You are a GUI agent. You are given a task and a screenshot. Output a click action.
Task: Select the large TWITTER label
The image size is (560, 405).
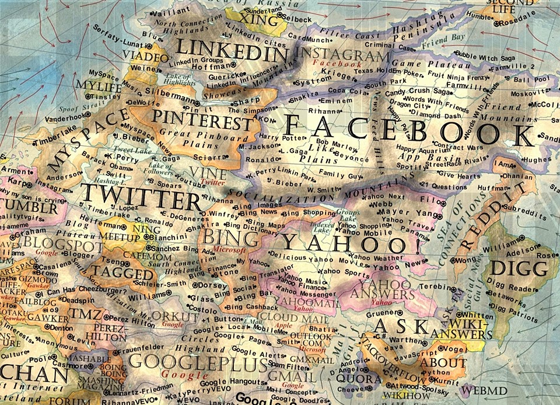tap(141, 197)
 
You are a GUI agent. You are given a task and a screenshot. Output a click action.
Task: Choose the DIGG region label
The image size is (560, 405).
tap(519, 269)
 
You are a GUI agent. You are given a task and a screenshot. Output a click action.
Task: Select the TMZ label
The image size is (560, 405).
tap(86, 316)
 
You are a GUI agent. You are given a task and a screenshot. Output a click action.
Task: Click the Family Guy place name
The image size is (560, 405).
tap(336, 174)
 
